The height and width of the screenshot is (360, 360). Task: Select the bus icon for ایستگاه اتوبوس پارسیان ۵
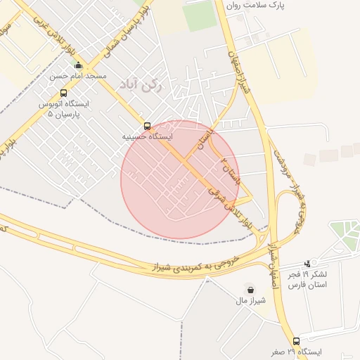(64, 93)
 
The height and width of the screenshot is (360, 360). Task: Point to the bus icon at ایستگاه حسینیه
(147, 126)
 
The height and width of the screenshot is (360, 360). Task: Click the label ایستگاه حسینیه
(148, 136)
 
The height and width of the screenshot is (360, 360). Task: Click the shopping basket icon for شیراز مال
(250, 289)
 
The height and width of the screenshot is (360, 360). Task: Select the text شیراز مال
(250, 300)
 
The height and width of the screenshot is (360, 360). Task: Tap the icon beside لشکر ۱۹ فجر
(307, 263)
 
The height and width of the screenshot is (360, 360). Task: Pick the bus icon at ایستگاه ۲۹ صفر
(296, 341)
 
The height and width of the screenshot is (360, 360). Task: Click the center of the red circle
(180, 180)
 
